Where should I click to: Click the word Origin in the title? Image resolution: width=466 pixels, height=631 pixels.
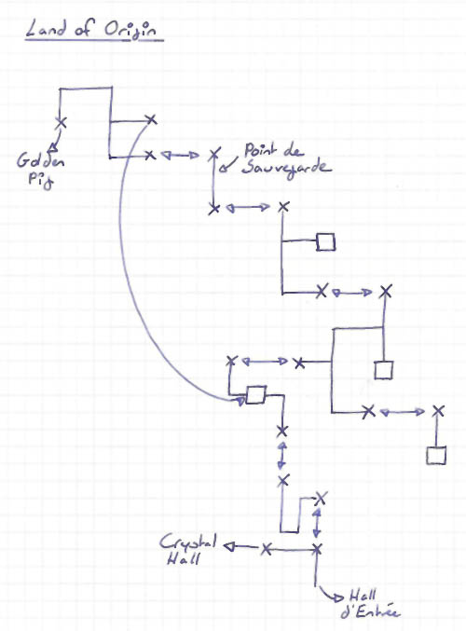130,30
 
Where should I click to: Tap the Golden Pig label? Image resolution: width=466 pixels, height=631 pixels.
40,171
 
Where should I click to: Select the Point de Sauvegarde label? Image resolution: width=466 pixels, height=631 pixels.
286,160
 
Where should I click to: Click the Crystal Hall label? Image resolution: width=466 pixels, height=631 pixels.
187,550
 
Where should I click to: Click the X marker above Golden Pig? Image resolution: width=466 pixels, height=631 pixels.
61,122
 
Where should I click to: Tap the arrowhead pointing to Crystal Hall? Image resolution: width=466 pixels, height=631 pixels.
228,546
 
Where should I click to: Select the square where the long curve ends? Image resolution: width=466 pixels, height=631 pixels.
256,395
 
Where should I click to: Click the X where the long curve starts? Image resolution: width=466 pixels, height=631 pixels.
151,119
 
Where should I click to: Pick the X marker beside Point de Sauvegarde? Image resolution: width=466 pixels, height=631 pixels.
214,154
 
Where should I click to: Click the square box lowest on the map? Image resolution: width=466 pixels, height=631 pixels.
436,456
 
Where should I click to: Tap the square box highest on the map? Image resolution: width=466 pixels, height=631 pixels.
325,241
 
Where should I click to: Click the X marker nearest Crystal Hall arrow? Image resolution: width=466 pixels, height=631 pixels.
266,549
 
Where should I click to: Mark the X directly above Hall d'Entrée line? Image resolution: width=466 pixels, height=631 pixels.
317,548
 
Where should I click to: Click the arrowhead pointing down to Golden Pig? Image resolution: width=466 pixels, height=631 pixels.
51,149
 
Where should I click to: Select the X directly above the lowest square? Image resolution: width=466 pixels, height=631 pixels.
438,411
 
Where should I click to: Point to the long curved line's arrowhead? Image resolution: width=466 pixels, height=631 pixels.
241,401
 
